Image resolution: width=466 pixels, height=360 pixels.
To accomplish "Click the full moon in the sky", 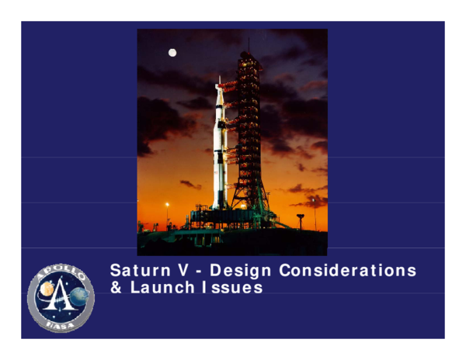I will (172, 53).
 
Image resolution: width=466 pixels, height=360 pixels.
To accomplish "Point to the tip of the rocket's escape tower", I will (219, 78).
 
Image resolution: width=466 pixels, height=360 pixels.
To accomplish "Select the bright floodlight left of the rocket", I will (167, 205).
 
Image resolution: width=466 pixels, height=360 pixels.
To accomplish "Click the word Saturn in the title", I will (137, 272).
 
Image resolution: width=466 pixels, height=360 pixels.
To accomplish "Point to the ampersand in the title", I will (116, 288).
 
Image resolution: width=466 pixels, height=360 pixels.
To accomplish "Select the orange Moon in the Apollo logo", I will (47, 289).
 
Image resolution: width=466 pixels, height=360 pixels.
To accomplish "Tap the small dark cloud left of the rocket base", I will (190, 185).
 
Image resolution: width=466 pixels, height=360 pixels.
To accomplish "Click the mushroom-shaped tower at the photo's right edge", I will (301, 217).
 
